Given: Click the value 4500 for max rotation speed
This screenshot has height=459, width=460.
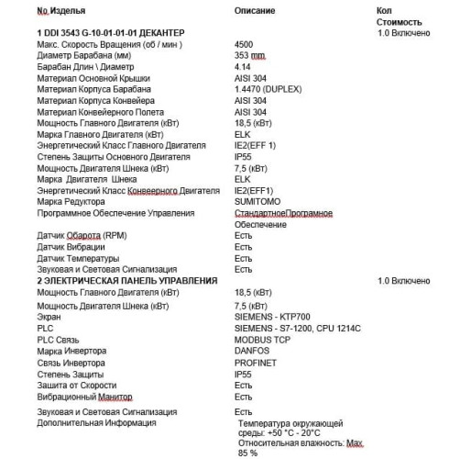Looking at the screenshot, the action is click(245, 44).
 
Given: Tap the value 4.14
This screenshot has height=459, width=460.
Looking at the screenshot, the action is click(243, 67).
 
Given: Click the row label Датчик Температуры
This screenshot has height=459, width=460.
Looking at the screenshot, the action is click(80, 258).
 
